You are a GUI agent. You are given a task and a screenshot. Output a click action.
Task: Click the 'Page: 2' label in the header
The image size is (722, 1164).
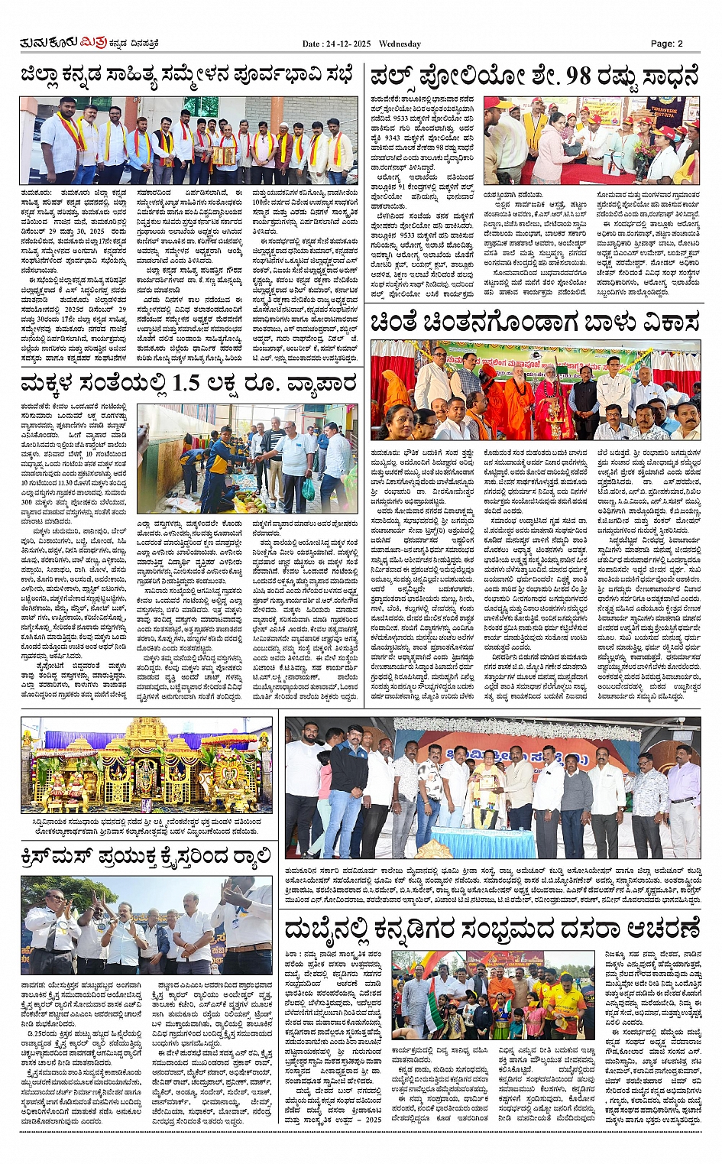pyautogui.click(x=666, y=44)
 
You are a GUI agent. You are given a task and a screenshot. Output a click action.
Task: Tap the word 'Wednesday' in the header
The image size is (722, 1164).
pyautogui.click(x=400, y=44)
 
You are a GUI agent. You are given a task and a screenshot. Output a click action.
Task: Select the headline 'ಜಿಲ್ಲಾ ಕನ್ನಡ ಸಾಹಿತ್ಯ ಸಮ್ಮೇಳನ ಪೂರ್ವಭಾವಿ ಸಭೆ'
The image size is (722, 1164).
pyautogui.click(x=187, y=76)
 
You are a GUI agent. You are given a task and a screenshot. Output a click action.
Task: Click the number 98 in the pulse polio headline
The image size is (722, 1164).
pyautogui.click(x=579, y=76)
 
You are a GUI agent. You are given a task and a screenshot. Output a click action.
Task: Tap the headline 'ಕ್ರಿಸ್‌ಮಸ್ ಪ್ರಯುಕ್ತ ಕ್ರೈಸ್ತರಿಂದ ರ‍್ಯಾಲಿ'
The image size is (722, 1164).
pyautogui.click(x=146, y=857)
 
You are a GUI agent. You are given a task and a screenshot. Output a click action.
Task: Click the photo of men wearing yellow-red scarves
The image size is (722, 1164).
pyautogui.click(x=188, y=141)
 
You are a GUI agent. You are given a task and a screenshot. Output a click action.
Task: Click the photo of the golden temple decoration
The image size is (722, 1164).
pyautogui.click(x=146, y=765)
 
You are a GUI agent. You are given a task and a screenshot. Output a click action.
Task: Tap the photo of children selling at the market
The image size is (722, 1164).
pyautogui.click(x=247, y=459)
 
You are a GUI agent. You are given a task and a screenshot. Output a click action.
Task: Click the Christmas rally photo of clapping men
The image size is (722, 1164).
pyautogui.click(x=146, y=924)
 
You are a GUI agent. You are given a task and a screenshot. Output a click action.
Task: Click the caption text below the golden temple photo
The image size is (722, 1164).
pyautogui.click(x=146, y=825)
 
